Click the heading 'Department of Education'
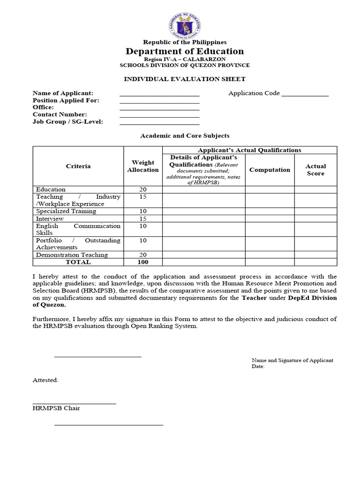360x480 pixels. [184, 51]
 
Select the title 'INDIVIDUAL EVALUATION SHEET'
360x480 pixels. [184, 79]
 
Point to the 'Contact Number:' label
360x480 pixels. [60, 114]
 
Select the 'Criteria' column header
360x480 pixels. [78, 166]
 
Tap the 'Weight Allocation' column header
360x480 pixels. [142, 166]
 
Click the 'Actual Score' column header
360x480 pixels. [315, 170]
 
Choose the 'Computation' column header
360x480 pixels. [270, 170]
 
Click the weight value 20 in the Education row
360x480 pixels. [142, 189]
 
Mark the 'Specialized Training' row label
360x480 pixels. [66, 211]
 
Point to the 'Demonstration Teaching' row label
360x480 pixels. [72, 255]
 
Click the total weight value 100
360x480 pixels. [142, 262]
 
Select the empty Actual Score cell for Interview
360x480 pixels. [315, 218]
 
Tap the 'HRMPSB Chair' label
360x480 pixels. [56, 408]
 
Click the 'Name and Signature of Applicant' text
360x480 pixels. [292, 360]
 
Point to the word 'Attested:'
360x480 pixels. [45, 380]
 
